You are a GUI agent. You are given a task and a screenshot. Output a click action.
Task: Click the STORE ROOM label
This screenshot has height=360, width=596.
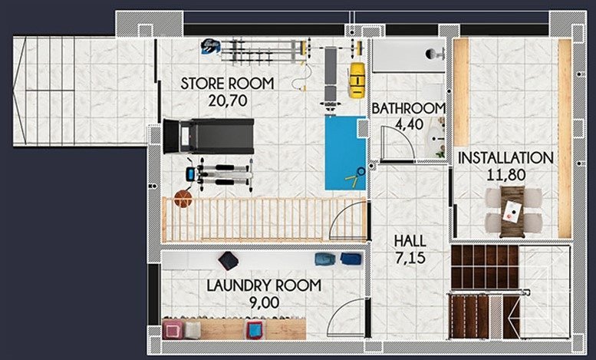226,84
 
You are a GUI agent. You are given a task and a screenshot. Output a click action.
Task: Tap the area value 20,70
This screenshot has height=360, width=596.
226,99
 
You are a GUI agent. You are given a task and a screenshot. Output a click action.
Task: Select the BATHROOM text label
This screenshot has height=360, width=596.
408,108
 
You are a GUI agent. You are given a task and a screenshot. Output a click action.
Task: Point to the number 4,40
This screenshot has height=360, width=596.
408,124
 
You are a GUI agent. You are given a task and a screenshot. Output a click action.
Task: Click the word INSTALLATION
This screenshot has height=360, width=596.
505,158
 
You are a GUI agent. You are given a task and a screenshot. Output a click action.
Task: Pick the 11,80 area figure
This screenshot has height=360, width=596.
505,174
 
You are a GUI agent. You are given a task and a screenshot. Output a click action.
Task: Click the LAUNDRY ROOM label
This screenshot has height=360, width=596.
263,286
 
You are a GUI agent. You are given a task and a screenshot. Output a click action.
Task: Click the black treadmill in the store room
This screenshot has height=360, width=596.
208,137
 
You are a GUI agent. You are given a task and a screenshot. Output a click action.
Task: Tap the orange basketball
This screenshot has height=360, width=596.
183,199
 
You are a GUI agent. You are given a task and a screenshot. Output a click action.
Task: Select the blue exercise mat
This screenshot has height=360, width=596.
344,152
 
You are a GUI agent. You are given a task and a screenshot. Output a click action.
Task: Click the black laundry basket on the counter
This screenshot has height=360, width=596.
228,260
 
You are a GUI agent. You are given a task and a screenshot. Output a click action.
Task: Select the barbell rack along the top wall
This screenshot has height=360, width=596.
258,51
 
